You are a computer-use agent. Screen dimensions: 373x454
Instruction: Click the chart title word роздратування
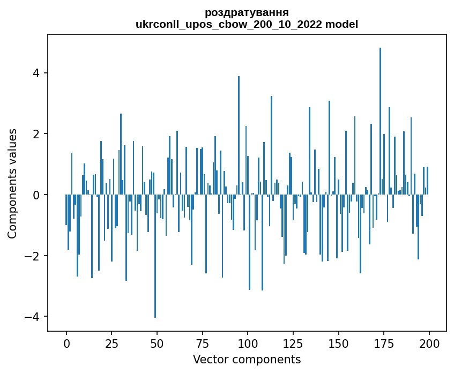click(247, 12)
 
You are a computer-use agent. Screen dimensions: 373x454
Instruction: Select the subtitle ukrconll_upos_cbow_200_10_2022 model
click(247, 24)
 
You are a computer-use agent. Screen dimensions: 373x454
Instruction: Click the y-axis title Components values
click(12, 183)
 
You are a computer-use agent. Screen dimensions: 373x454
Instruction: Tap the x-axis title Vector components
click(247, 359)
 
